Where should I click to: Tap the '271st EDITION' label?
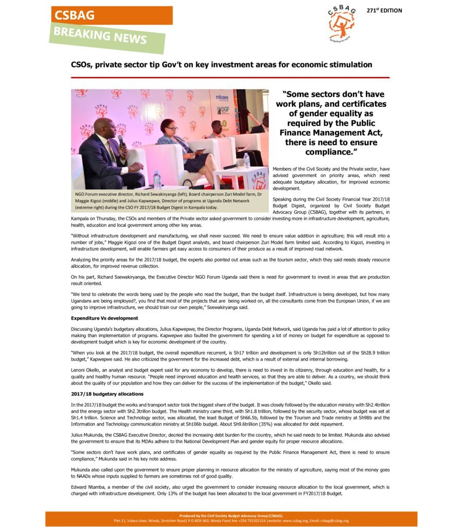tap(384, 11)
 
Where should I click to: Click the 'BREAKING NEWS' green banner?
tap(107, 37)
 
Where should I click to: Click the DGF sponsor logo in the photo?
tap(223, 110)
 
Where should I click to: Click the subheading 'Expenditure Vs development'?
tap(104, 318)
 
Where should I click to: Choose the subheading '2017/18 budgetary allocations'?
tap(107, 394)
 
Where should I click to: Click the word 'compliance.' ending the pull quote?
tap(329, 152)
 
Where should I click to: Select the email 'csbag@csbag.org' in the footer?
tap(334, 520)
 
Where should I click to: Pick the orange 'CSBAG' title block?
tap(111, 15)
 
